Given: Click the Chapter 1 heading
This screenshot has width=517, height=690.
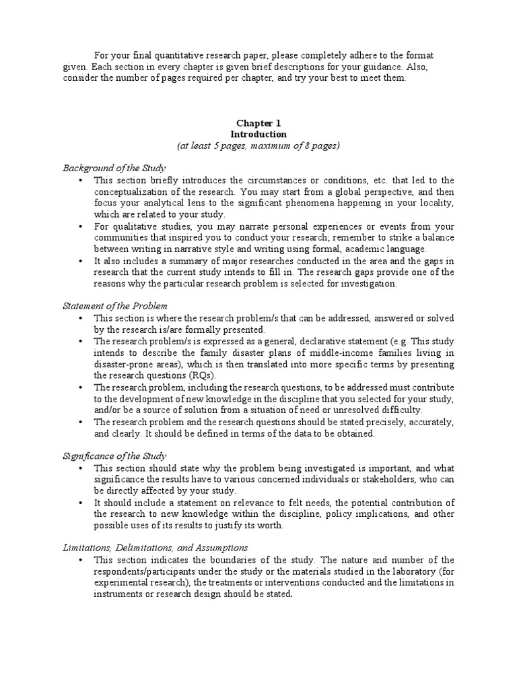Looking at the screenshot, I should point(258,123).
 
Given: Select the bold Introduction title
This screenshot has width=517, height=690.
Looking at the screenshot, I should point(258,134).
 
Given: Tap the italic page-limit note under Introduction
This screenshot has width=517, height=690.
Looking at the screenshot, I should point(258,145).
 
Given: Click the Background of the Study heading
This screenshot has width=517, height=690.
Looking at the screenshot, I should point(114,167).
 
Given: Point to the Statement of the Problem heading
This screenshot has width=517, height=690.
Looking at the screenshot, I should point(115,306).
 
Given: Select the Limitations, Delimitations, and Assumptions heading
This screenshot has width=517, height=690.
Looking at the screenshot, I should point(155,547).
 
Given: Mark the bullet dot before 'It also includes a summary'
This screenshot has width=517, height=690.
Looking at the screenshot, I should point(80,261).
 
